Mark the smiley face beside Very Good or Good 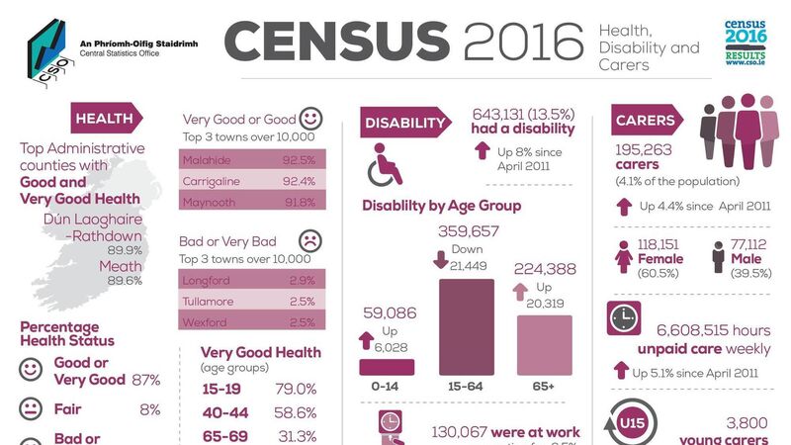pyautogui.click(x=309, y=118)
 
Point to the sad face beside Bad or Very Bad pyautogui.click(x=308, y=240)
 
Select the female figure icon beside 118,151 pyautogui.click(x=624, y=257)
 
